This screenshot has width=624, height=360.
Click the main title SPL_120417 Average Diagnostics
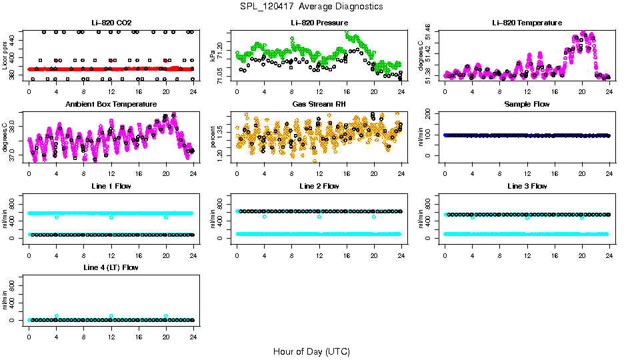(312, 6)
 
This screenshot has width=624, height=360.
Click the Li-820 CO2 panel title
(111, 23)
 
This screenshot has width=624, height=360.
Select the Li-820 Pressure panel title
(319, 23)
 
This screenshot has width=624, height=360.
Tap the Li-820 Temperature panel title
(527, 23)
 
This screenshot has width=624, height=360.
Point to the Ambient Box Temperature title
(111, 104)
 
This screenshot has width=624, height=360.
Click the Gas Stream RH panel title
(319, 104)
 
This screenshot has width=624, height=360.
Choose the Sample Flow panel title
(527, 104)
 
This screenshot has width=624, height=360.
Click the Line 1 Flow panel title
(111, 186)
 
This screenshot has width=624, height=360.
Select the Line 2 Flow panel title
(319, 186)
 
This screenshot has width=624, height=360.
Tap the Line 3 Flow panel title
(527, 186)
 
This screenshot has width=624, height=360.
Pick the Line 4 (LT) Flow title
(111, 267)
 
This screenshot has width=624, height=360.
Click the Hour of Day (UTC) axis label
(312, 351)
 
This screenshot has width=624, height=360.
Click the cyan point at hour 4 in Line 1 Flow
(57, 217)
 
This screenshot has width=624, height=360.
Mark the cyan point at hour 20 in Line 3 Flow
(582, 217)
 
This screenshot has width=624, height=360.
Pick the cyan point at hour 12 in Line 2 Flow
(319, 217)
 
